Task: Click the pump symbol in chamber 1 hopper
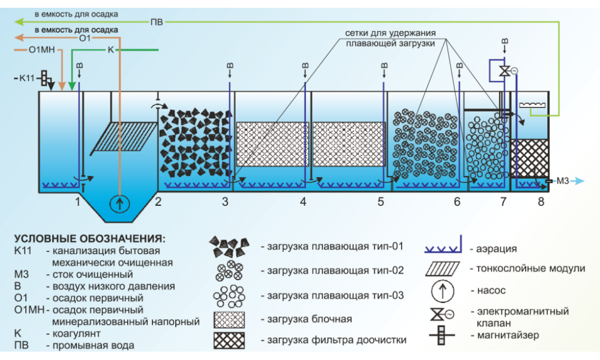(x=120, y=203)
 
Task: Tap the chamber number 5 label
(x=381, y=202)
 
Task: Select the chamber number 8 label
(x=541, y=202)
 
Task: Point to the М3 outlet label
(x=563, y=180)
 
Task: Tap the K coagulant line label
(x=110, y=50)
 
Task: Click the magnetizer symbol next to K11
(x=44, y=77)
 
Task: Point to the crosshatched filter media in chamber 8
(x=529, y=157)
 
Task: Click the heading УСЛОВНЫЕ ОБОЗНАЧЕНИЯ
(x=89, y=238)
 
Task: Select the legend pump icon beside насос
(x=442, y=291)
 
